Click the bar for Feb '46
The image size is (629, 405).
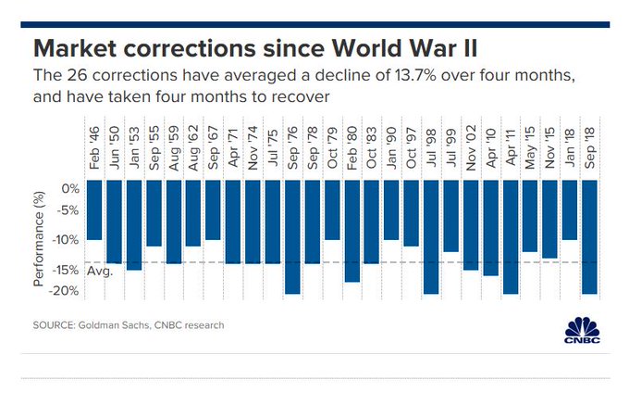94,210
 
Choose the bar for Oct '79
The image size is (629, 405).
332,210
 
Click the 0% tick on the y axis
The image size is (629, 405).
68,188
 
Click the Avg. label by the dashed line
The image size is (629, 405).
99,272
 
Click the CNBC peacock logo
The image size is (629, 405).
580,329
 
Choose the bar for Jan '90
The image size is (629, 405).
391,210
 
